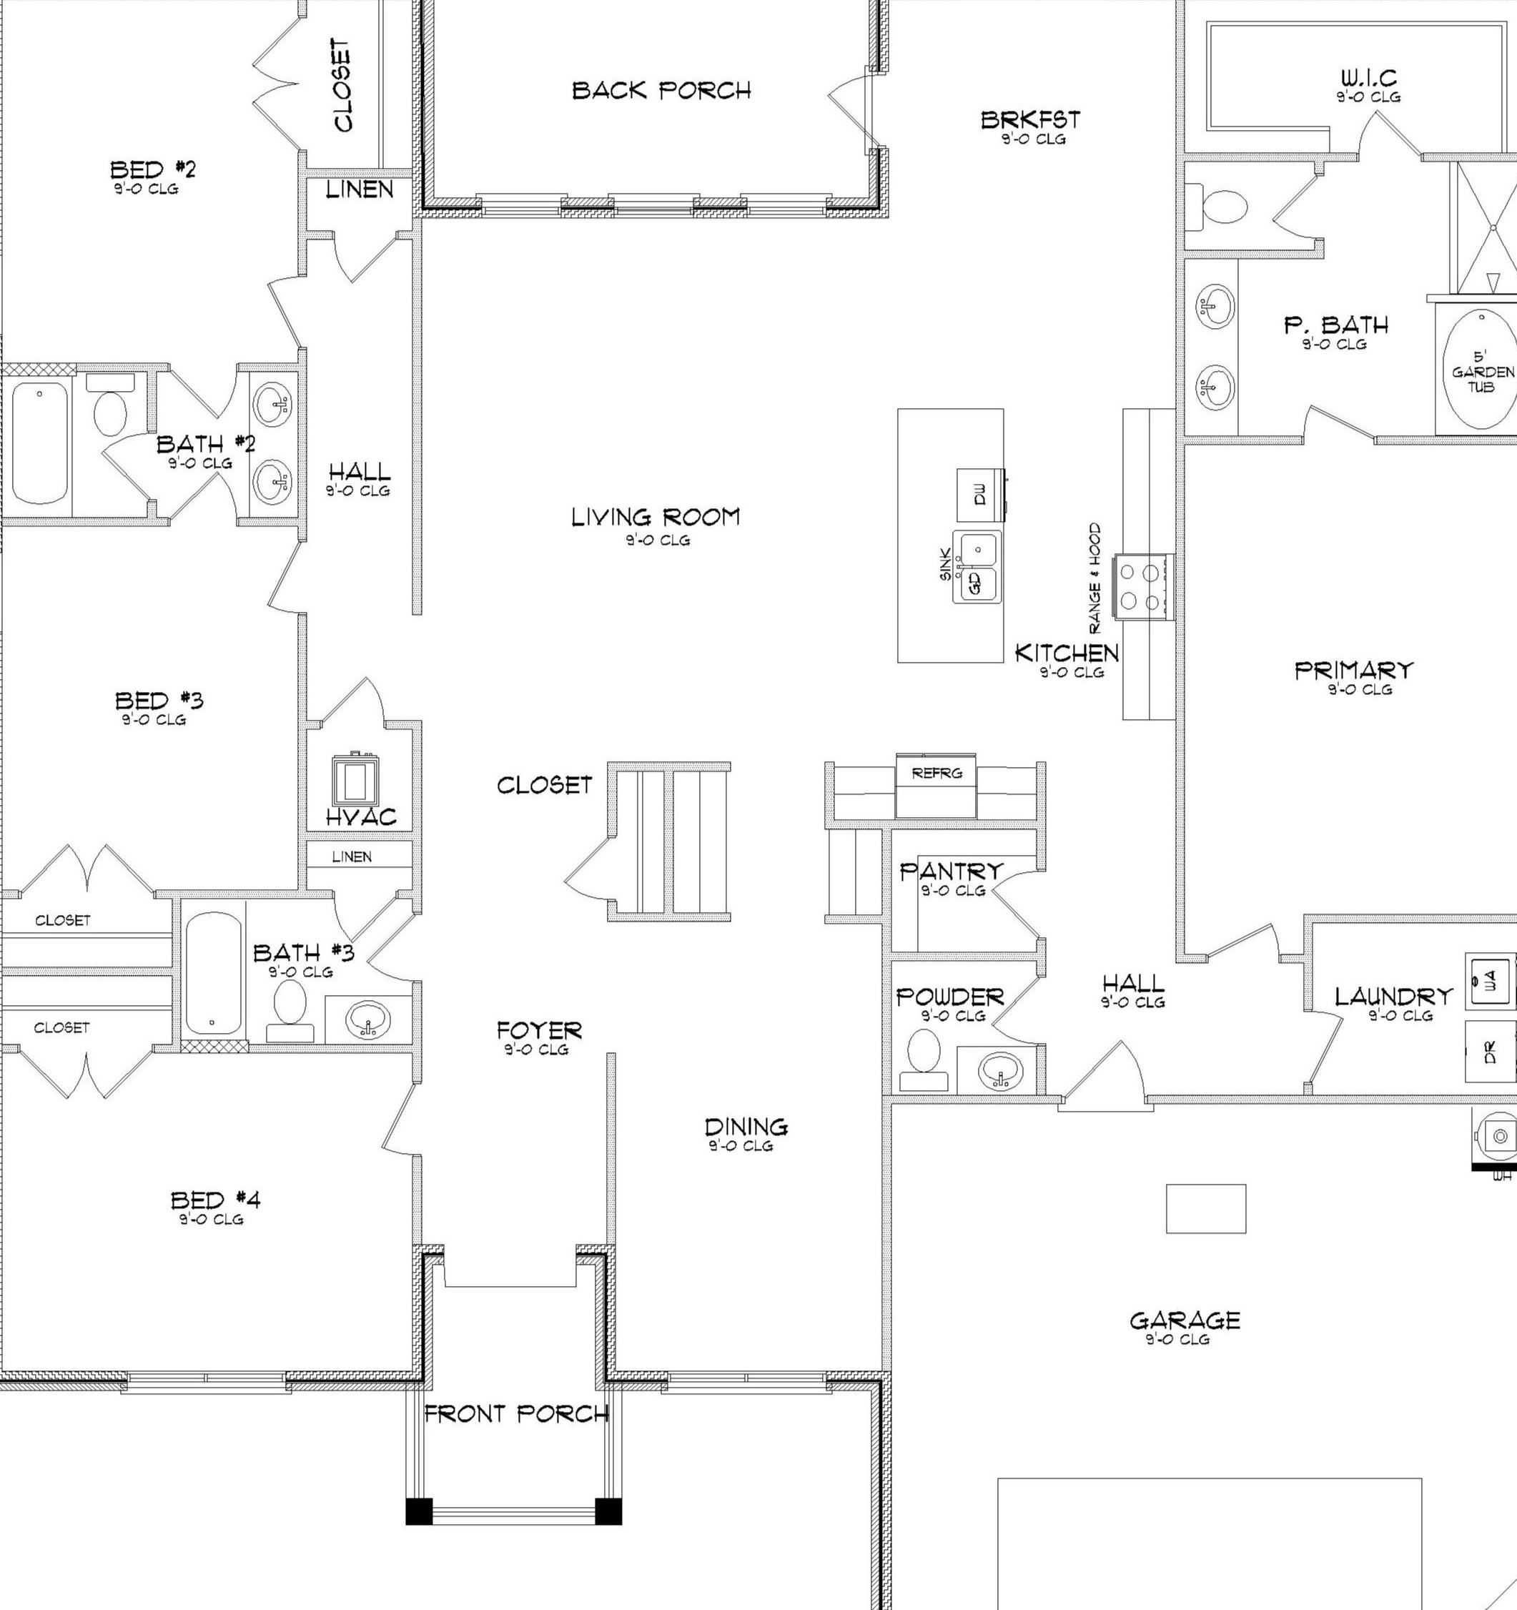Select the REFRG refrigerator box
tap(937, 785)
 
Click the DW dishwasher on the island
tap(980, 495)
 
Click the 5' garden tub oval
tap(1481, 372)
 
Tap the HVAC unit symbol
tap(355, 780)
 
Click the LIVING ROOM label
tap(656, 518)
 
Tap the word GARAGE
tap(1184, 1321)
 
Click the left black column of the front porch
tap(419, 1511)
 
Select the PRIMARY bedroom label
tap(1353, 671)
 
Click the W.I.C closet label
tap(1368, 79)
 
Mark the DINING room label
tap(746, 1127)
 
